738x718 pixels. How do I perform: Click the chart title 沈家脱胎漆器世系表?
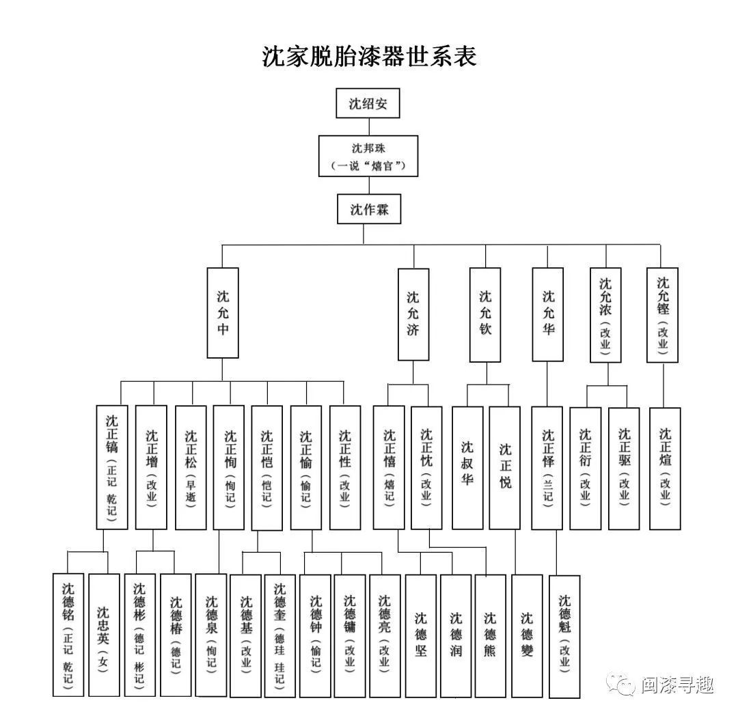(369, 57)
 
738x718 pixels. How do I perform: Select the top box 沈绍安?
(368, 104)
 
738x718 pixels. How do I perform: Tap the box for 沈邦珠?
(368, 156)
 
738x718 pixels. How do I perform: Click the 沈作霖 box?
(369, 209)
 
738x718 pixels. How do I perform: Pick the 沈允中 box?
(223, 313)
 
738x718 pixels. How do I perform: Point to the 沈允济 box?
(413, 314)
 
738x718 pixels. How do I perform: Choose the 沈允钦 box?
(485, 314)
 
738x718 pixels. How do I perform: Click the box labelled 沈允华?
(548, 314)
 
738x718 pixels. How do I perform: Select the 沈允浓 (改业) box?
(605, 314)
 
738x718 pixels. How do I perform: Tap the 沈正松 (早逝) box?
(191, 468)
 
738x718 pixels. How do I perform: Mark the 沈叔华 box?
(467, 468)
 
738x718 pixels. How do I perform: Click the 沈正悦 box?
(505, 468)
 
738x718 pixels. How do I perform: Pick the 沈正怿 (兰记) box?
(547, 468)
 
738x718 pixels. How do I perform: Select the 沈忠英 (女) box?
(104, 635)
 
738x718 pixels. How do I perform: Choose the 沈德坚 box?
(420, 635)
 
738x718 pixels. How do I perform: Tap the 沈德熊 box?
(491, 635)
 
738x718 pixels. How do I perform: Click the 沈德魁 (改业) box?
(564, 635)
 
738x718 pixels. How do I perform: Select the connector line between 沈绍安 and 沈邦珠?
(368, 126)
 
